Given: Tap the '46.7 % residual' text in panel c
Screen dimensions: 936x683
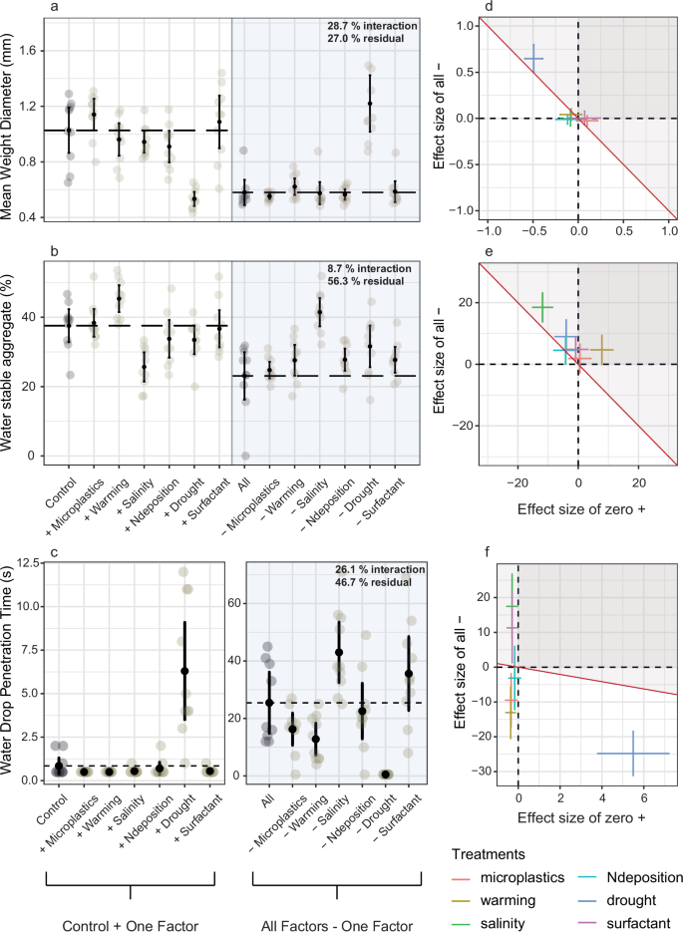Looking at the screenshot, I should pos(373,582).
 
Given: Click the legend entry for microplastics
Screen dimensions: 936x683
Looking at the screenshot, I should pos(521,876).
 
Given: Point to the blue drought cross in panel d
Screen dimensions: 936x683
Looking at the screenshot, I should pos(533,59).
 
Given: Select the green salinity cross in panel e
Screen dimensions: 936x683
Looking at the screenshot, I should pos(542,307).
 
